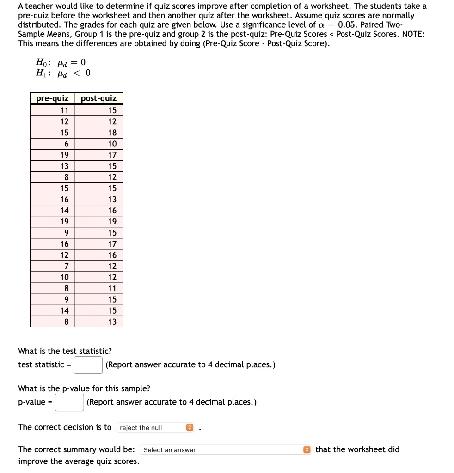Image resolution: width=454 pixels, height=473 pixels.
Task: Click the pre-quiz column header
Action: tap(52, 98)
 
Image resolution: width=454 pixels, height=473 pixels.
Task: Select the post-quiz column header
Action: tap(98, 98)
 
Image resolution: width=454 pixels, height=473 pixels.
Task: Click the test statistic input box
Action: tap(88, 365)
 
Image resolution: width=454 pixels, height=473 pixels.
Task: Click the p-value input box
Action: tap(69, 402)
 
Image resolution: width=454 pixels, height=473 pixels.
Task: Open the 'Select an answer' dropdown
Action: tap(226, 450)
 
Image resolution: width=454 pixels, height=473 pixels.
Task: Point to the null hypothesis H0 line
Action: tap(61, 62)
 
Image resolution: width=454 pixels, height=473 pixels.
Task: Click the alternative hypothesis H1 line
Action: tap(63, 73)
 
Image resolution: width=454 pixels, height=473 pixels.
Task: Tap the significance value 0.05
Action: tap(350, 24)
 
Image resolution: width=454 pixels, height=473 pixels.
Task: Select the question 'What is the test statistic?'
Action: tap(65, 351)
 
